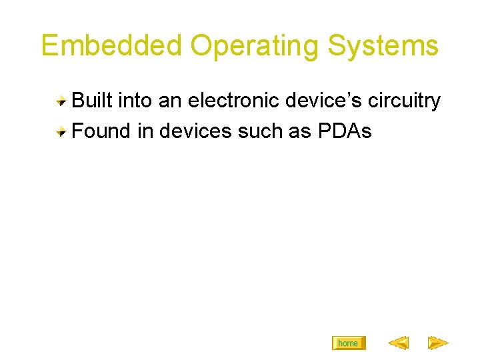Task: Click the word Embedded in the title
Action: [x=111, y=45]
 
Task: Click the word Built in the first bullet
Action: [x=92, y=101]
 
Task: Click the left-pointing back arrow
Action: [x=398, y=343]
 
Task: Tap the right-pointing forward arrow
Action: [x=437, y=343]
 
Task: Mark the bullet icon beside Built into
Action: [x=61, y=101]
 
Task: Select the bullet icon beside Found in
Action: [x=61, y=132]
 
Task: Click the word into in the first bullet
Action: [x=135, y=101]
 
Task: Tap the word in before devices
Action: [x=145, y=131]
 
